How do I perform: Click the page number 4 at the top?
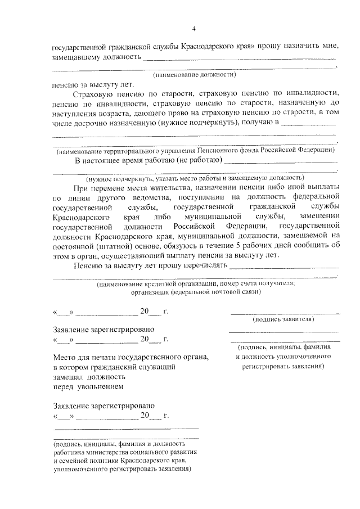point(193,29)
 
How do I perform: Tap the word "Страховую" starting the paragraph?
point(94,93)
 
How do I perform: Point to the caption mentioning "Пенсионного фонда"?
point(195,151)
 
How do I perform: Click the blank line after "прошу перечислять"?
point(285,265)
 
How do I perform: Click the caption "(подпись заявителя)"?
point(284,319)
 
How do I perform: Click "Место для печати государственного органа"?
point(130,357)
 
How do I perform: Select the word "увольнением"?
point(96,386)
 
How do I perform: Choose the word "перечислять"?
point(204,265)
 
